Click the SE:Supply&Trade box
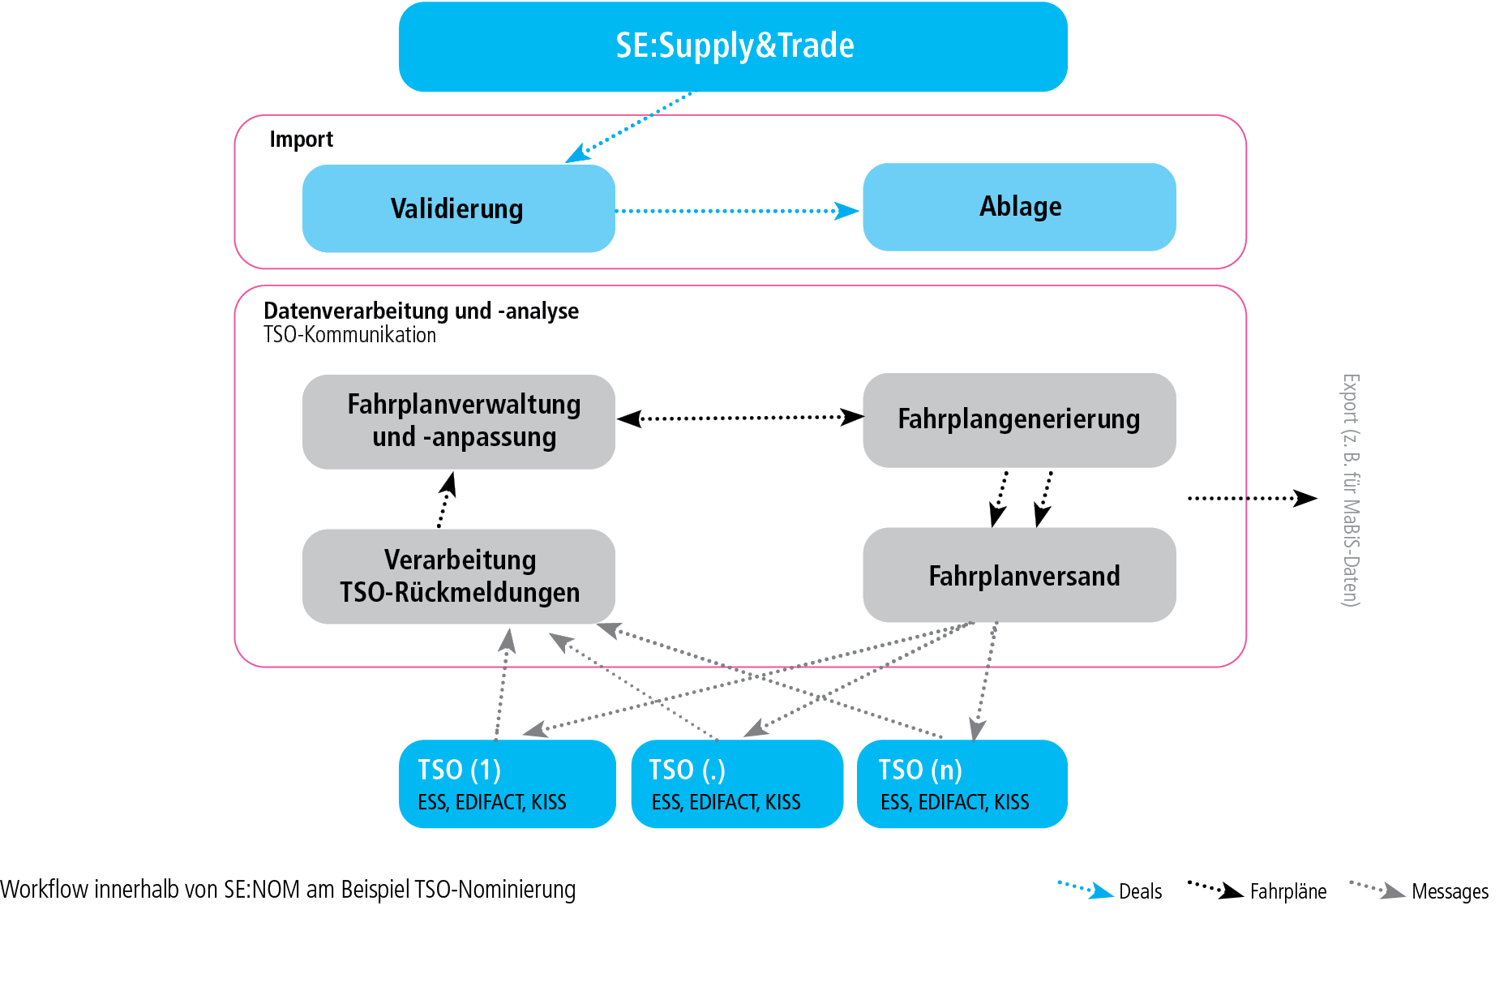point(733,46)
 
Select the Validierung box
point(458,208)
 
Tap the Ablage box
point(1019,207)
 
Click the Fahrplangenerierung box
point(1019,419)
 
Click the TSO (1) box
point(507,783)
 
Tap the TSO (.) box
point(737,783)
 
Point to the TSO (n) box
point(962,783)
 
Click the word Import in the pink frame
point(301,139)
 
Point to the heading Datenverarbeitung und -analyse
point(421,311)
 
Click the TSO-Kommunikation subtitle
point(349,335)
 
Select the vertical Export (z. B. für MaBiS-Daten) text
point(1350,490)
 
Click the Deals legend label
point(1140,891)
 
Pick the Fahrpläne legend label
point(1287,891)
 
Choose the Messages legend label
point(1450,891)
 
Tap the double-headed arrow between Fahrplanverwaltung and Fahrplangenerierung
point(739,418)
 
